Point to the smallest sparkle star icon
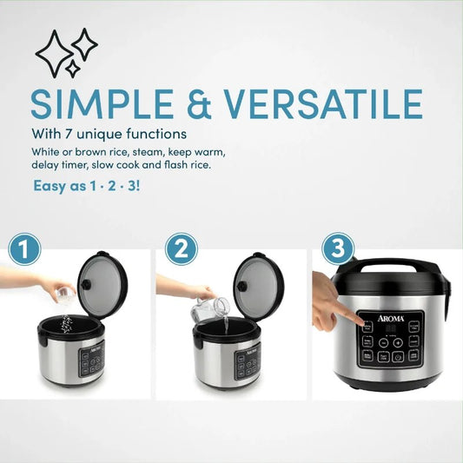[72, 69]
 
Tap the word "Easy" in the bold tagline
[48, 186]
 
